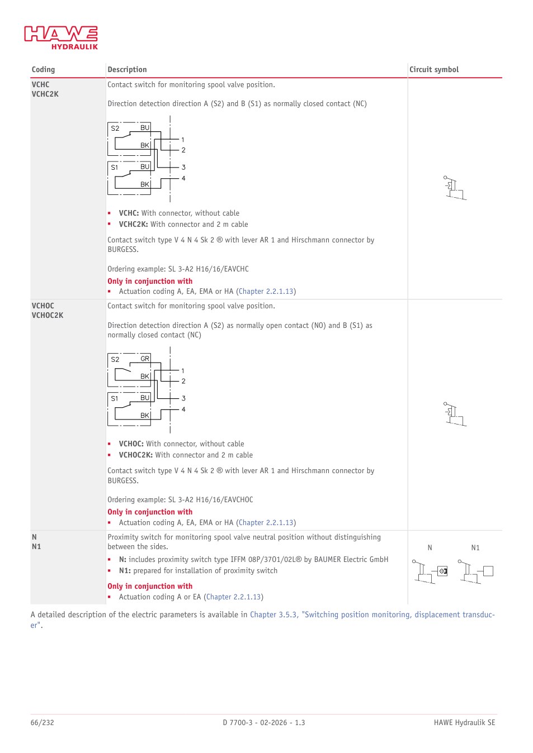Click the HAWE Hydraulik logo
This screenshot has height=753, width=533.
pos(61,37)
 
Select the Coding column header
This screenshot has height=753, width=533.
pos(43,69)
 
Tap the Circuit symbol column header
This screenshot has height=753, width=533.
pos(434,69)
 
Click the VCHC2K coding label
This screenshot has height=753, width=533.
pos(45,94)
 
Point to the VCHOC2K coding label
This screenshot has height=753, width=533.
pos(48,315)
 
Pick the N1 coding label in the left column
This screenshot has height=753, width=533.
pos(36,547)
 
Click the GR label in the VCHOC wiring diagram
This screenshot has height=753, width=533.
pos(145,359)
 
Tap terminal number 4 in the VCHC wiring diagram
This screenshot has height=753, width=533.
pos(183,178)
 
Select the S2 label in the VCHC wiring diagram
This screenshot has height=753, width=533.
pos(115,128)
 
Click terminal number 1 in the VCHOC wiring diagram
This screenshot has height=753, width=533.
pos(183,371)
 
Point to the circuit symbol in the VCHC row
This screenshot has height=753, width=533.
pos(455,188)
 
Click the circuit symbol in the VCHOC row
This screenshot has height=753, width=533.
pos(455,414)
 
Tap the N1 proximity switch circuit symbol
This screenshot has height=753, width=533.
pos(476,571)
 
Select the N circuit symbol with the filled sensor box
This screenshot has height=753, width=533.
pos(430,571)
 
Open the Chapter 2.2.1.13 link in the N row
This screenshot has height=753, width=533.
pos(234,597)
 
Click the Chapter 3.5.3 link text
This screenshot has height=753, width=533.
pos(273,614)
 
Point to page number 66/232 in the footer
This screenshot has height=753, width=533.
pos(42,722)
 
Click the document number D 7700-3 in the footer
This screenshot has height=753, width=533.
pos(237,722)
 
